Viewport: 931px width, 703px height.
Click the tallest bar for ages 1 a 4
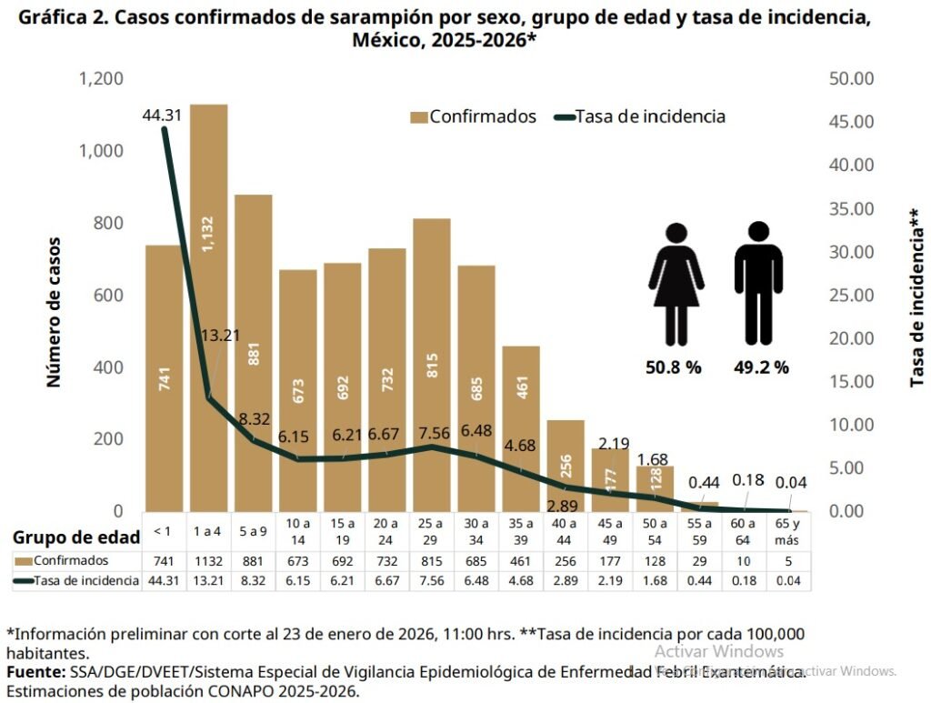click(x=208, y=309)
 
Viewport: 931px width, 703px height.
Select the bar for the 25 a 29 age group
click(x=432, y=364)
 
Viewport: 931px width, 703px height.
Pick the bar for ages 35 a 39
click(x=521, y=427)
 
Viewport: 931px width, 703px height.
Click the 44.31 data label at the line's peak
click(x=163, y=115)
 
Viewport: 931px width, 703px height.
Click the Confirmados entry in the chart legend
click(x=473, y=116)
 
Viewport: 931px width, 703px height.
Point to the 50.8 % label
click(x=674, y=367)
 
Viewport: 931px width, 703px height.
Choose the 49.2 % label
click(x=762, y=367)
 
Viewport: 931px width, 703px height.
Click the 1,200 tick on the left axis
click(x=101, y=79)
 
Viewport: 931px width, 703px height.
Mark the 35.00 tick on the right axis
click(x=852, y=209)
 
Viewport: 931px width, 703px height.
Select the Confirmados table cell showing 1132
click(x=208, y=561)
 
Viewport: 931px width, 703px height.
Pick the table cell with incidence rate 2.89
click(x=565, y=581)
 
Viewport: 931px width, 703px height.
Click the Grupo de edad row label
click(x=76, y=537)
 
